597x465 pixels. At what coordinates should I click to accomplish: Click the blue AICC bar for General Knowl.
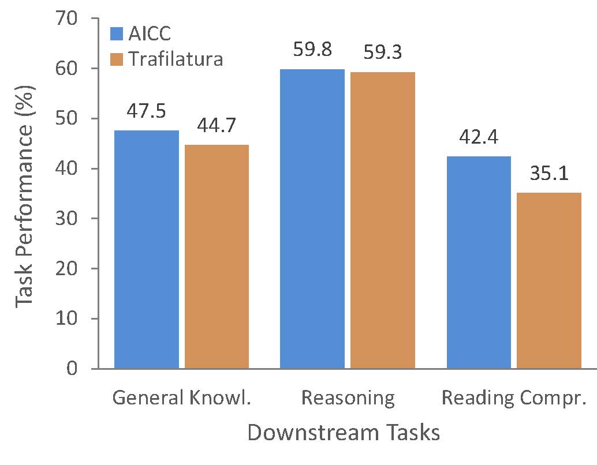coord(147,249)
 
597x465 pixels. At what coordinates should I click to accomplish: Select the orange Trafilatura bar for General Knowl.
coord(217,256)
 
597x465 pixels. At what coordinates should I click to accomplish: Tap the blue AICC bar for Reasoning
coord(312,219)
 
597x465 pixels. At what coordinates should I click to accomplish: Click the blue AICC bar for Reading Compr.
coord(479,262)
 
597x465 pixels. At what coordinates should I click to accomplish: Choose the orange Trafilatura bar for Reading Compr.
coord(549,280)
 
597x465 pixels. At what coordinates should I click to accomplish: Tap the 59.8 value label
coord(312,50)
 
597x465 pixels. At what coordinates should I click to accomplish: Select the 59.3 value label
coord(383,52)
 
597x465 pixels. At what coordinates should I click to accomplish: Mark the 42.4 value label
coord(479,137)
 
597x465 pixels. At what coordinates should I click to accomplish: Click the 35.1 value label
coord(549,174)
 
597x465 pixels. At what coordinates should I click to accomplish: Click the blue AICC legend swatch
coord(117,33)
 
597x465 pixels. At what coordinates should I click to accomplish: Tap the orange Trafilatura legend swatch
coord(117,59)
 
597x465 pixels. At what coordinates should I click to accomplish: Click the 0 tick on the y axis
coord(72,368)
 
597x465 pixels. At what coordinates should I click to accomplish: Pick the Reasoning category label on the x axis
coord(348,398)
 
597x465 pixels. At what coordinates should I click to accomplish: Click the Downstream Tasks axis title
coord(344,433)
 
